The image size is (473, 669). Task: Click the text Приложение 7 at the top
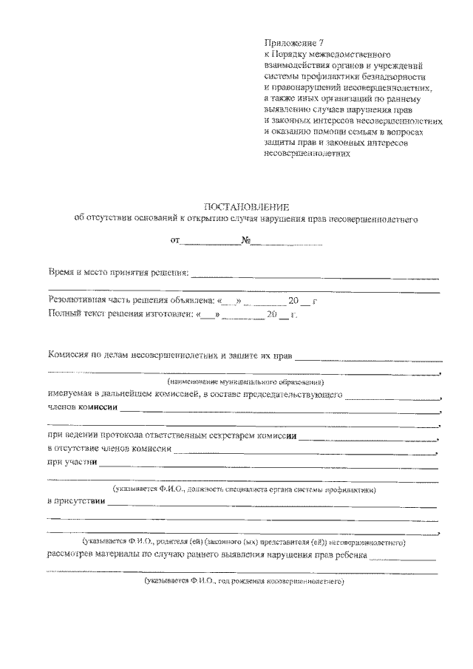click(293, 44)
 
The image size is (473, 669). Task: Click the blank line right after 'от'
click(211, 242)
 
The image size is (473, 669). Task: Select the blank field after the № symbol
click(285, 242)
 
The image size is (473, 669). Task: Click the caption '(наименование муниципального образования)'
click(246, 381)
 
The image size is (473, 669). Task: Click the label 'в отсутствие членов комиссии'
click(110, 449)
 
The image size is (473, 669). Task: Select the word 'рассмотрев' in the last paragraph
click(71, 556)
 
